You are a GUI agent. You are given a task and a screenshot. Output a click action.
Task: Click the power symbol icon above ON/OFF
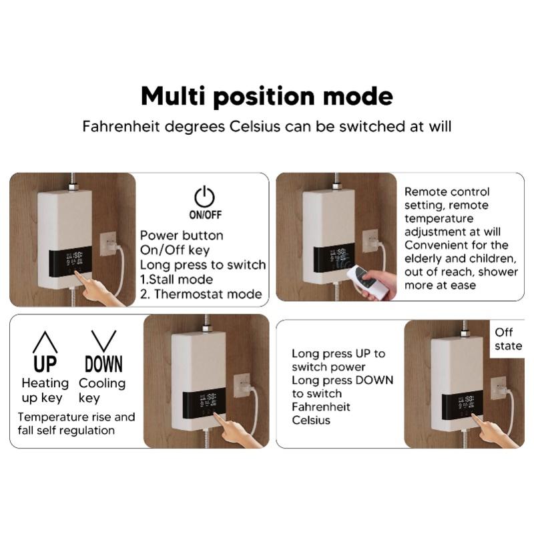(204, 197)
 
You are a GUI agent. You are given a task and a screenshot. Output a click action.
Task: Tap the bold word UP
(45, 364)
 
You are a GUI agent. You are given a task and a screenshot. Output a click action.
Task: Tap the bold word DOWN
(103, 364)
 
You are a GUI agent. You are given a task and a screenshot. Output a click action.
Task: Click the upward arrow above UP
(45, 341)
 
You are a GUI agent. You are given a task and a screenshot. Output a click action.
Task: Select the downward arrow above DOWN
(103, 341)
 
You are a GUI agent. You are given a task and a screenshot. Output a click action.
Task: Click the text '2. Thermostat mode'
(200, 294)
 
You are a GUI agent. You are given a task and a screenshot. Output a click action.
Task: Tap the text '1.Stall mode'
(176, 279)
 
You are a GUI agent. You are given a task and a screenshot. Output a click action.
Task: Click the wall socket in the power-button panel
(109, 243)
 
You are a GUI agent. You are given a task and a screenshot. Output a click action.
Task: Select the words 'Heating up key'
(45, 390)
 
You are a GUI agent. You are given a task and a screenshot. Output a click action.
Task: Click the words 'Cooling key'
(101, 390)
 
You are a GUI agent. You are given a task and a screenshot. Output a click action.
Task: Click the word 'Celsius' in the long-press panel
(311, 421)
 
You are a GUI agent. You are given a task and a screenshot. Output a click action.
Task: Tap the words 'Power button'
(182, 236)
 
